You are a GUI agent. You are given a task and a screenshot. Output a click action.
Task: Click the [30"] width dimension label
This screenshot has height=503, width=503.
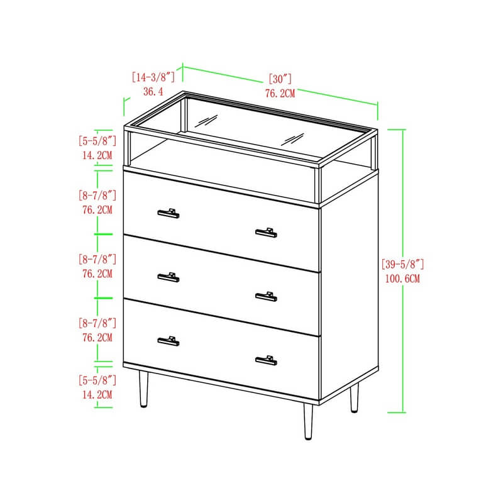280,79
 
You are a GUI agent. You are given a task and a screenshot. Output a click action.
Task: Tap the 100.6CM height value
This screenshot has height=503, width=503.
402,279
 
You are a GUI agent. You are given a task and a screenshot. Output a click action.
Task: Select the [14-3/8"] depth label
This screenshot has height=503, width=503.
153,77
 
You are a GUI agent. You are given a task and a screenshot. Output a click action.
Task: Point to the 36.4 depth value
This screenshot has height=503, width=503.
153,92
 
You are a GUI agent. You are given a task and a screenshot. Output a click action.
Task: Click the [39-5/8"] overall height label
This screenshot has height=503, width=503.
402,264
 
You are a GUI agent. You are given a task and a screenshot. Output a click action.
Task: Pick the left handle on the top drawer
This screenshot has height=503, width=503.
169,213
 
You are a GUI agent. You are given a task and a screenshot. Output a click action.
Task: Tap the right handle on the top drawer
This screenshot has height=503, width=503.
266,233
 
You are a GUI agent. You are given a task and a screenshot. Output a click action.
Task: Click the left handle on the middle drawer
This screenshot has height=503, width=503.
169,277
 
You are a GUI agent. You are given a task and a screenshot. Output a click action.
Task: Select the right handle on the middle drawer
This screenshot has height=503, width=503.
266,297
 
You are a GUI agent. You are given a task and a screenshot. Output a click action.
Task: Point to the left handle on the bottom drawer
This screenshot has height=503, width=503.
169,341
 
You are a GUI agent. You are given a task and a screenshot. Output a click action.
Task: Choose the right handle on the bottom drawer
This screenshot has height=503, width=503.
266,360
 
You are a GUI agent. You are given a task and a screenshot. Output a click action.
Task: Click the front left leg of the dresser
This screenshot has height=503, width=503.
143,389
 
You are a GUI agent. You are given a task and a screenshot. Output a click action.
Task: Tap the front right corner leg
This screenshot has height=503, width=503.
308,421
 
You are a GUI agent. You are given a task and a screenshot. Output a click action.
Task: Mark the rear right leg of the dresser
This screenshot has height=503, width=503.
354,398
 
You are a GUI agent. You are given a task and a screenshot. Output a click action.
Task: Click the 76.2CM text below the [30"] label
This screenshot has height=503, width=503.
280,93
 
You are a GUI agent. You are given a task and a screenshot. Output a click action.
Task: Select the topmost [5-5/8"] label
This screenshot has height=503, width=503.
97,141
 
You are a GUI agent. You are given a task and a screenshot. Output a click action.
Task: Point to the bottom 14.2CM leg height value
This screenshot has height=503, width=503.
97,395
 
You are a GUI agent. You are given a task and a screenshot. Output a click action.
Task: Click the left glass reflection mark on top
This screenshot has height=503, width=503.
206,121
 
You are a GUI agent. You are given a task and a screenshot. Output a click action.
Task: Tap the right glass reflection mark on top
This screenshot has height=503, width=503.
292,139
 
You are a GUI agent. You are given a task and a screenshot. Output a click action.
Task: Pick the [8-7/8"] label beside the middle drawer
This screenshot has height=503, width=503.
97,259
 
